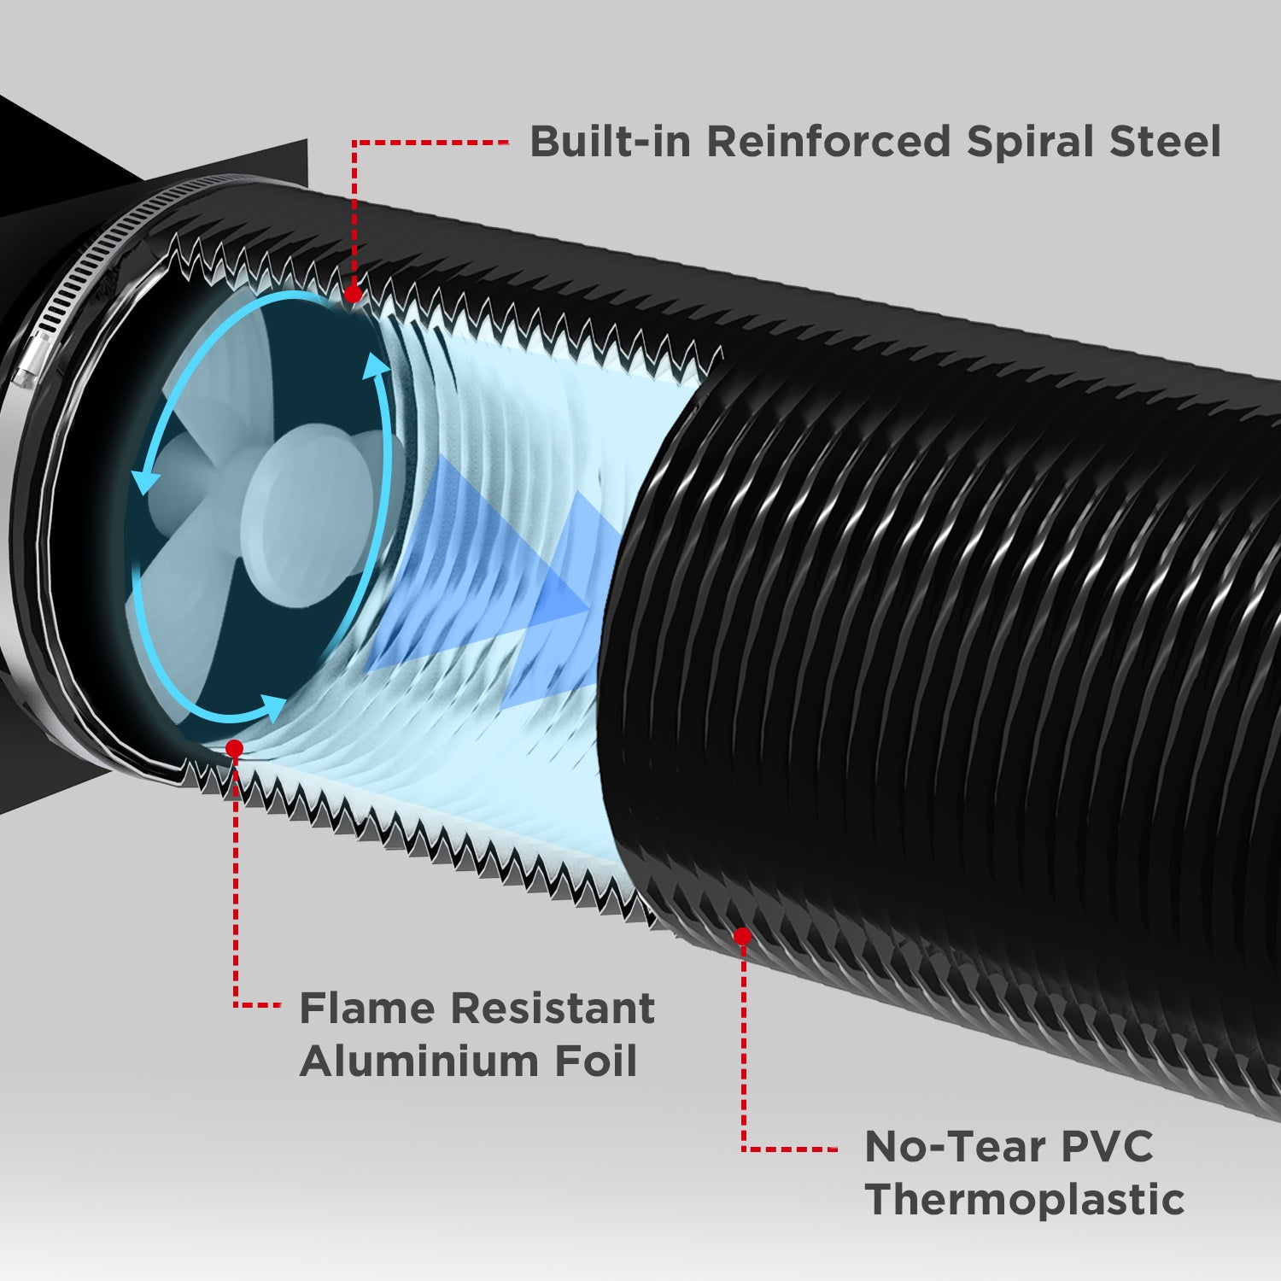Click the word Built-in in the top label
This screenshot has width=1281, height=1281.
tap(609, 142)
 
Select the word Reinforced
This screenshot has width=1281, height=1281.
tap(828, 142)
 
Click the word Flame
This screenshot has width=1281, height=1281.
tap(367, 1009)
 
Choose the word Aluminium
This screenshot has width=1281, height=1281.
tap(418, 1062)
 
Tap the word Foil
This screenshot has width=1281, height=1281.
tap(595, 1062)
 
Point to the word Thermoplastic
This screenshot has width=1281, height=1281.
tap(1025, 1200)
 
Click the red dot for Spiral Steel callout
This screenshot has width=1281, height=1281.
tap(353, 295)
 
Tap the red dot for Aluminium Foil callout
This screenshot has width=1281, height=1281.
tap(234, 748)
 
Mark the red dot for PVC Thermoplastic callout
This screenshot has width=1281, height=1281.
tap(742, 936)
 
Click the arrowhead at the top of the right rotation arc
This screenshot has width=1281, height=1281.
tap(373, 365)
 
